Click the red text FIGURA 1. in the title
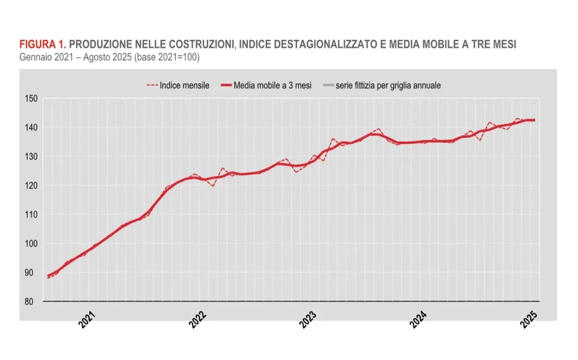42,45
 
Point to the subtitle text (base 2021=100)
169,57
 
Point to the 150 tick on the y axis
31,98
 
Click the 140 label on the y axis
31,128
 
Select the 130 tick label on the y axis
31,156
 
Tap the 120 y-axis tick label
31,186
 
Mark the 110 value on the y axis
31,214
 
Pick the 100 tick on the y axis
31,244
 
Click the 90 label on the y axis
33,273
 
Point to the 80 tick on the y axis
33,302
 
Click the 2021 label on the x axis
87,321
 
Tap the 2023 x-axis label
308,321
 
